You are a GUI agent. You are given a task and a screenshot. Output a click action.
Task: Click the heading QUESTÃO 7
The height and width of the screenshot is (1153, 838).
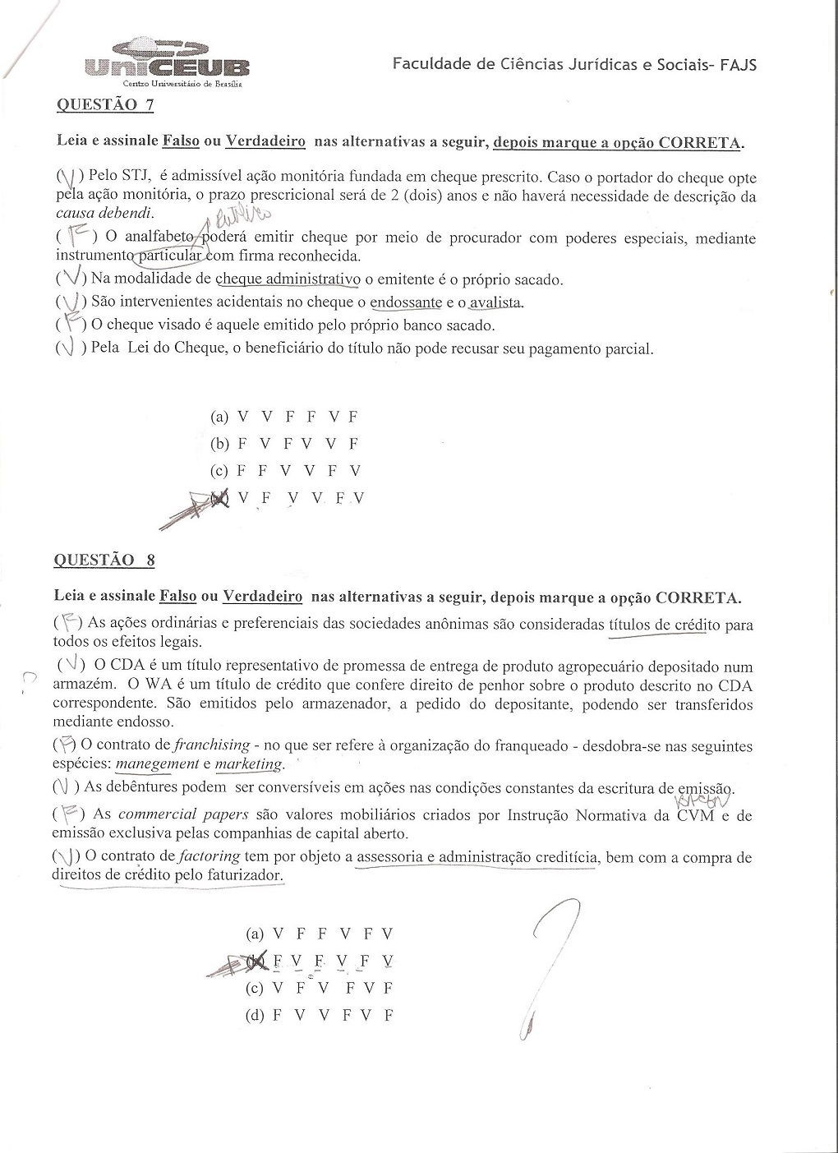coord(104,104)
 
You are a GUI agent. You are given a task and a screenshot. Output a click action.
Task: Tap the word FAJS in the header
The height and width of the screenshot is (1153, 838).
coord(738,64)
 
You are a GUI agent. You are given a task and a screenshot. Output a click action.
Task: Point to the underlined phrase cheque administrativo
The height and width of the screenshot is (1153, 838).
coord(288,279)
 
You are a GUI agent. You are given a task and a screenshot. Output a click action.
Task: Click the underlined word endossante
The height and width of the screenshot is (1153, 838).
coord(405,302)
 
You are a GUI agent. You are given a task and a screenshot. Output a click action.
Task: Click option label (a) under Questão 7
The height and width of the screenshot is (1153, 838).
coord(219,417)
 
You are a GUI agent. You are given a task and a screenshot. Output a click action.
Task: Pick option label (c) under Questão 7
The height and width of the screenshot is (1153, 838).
coord(219,471)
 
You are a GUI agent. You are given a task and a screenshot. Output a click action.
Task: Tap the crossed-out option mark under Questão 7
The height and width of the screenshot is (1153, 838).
coord(218,498)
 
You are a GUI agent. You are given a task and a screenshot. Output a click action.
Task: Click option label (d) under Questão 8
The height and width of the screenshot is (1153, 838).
coord(255,1015)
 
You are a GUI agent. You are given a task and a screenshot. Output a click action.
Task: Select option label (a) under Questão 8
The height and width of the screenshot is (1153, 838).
coord(255,934)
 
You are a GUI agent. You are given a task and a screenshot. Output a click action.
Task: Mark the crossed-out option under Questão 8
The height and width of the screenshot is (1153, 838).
coord(256,961)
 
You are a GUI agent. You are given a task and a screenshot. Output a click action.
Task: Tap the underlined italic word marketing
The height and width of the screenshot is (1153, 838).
coord(247,764)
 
